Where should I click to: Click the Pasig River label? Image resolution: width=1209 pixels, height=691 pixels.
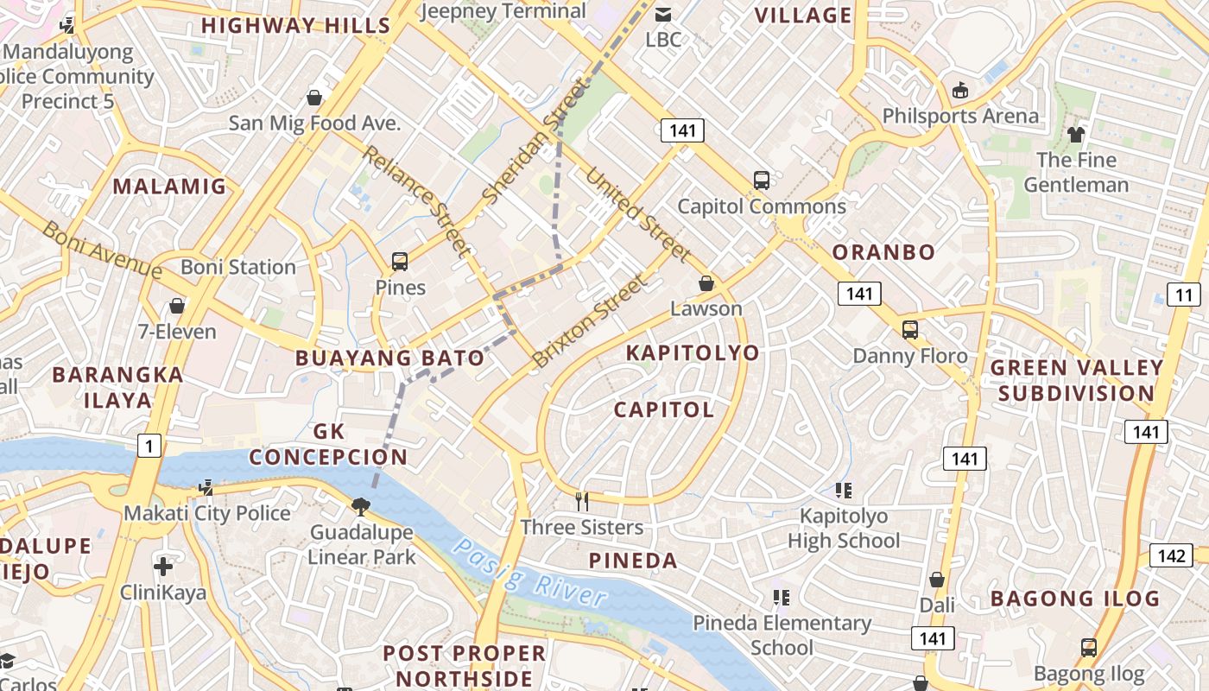[x=529, y=574]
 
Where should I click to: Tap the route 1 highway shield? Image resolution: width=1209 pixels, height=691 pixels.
[x=149, y=446]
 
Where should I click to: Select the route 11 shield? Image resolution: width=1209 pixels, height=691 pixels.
[x=1183, y=295]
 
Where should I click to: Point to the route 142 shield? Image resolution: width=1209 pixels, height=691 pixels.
[x=1171, y=555]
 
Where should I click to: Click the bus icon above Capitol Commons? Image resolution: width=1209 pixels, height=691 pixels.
[x=761, y=180]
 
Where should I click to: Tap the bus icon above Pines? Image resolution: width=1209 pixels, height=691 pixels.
[x=399, y=261]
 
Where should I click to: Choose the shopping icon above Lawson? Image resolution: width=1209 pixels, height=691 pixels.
[x=706, y=283]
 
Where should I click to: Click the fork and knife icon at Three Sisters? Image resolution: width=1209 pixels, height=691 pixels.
[x=582, y=501]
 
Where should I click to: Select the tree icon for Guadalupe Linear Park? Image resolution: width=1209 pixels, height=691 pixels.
[x=361, y=506]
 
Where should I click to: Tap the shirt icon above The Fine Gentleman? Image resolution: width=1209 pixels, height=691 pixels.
[x=1075, y=134]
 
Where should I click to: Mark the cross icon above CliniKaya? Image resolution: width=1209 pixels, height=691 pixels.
[x=162, y=567]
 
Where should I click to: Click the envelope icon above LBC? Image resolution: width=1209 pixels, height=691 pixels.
[x=663, y=14]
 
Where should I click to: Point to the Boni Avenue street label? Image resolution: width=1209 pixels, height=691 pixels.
[x=102, y=250]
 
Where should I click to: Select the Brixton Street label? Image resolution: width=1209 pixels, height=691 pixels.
[x=589, y=321]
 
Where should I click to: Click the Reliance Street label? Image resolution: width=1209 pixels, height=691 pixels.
[x=416, y=201]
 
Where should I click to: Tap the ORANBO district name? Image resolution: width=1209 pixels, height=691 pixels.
[x=883, y=252]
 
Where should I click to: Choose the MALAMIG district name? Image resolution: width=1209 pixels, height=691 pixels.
[x=169, y=186]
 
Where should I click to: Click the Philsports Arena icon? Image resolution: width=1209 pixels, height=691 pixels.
[x=959, y=90]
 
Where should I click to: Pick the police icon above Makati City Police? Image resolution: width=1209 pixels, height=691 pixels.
[x=205, y=488]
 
